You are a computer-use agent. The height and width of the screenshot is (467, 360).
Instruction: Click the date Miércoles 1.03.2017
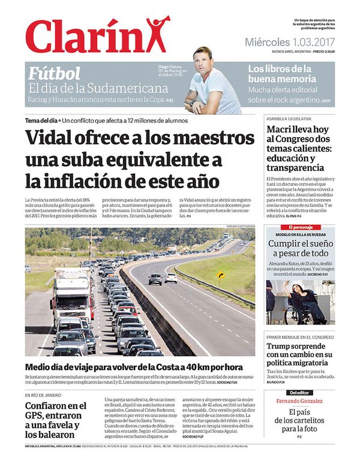coord(290,42)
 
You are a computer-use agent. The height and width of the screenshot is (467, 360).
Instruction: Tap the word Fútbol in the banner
coord(55,74)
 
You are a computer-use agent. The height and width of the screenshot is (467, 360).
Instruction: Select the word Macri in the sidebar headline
coord(282,129)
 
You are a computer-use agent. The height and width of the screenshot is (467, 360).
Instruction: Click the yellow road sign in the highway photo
coord(220,275)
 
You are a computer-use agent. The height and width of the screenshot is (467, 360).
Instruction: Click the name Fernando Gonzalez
coord(299,400)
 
